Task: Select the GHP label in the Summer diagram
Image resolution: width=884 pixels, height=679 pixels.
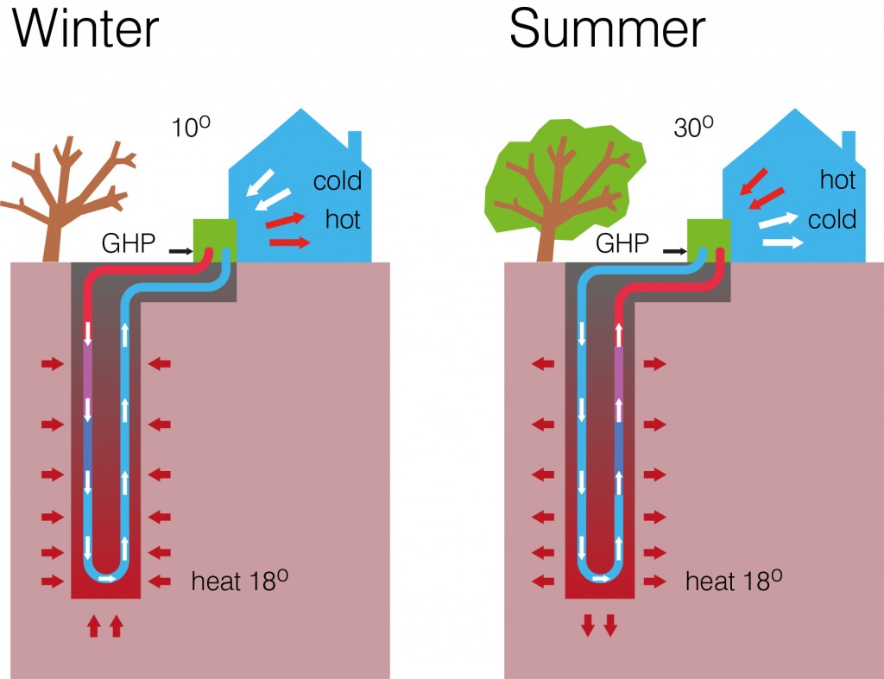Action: pyautogui.click(x=622, y=244)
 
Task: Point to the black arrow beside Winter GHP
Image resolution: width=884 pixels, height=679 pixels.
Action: pyautogui.click(x=180, y=251)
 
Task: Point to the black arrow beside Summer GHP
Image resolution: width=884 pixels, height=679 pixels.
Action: pyautogui.click(x=674, y=251)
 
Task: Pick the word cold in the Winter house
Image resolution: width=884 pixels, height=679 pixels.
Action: pyautogui.click(x=337, y=182)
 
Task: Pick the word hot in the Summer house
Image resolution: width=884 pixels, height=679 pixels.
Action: pyautogui.click(x=837, y=180)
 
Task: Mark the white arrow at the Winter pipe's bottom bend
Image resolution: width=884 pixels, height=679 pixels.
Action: pyautogui.click(x=107, y=578)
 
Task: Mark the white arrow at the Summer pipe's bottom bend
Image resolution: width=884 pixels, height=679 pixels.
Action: pyautogui.click(x=602, y=578)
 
